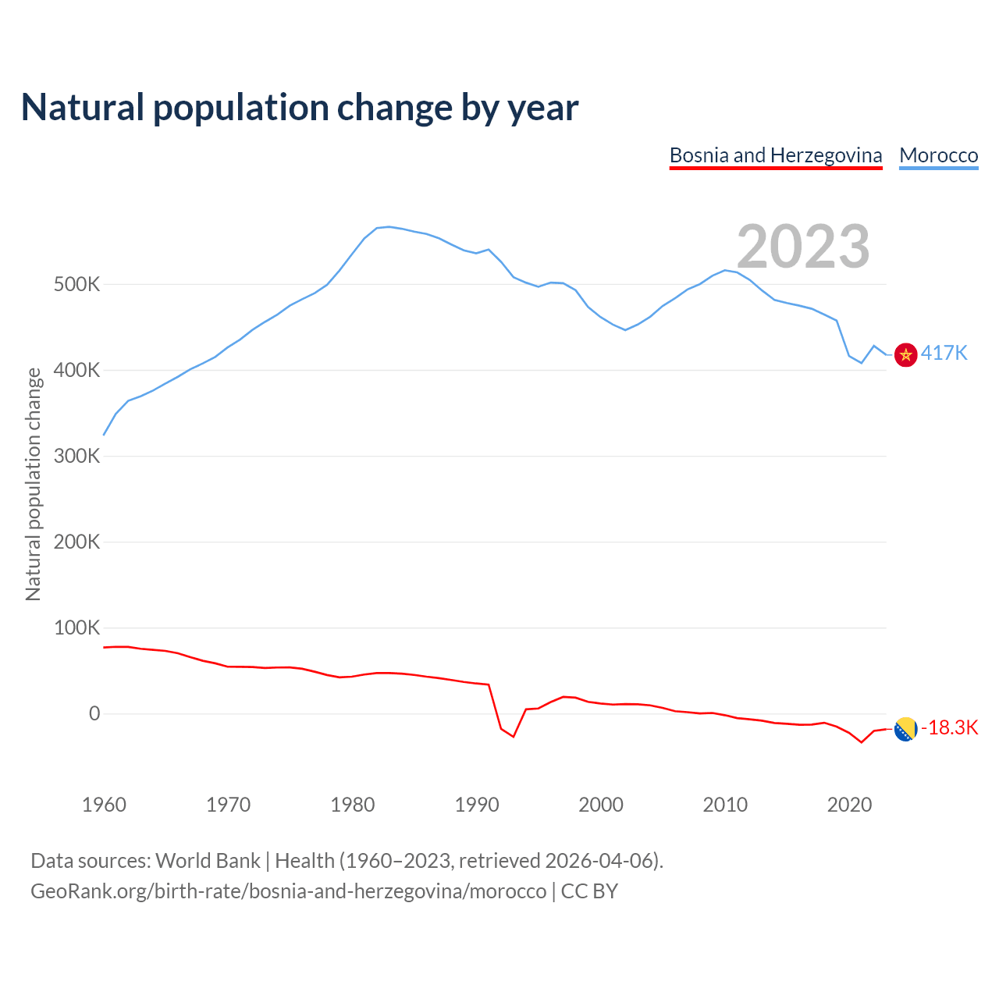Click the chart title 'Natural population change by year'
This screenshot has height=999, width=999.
[x=300, y=108]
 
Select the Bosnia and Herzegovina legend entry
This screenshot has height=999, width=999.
[x=776, y=155]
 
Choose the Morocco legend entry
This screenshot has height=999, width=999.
[x=938, y=155]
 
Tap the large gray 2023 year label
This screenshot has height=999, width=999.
[x=803, y=247]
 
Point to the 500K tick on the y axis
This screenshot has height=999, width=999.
[x=76, y=284]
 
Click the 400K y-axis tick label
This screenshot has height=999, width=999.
[x=76, y=370]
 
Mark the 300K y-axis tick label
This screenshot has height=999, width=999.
[x=76, y=456]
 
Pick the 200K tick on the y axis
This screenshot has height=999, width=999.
[x=76, y=542]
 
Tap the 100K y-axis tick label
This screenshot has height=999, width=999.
[x=76, y=627]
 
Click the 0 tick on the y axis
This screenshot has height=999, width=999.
[x=94, y=713]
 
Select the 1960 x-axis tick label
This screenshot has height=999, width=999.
[x=104, y=805]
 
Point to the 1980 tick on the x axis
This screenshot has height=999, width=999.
[x=353, y=805]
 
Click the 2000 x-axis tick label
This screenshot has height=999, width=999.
[x=601, y=805]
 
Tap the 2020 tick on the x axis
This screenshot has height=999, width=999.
[x=849, y=805]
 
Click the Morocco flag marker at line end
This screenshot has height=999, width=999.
[x=905, y=354]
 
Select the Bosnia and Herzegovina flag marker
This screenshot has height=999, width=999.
[x=905, y=729]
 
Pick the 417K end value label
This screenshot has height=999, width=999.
[x=944, y=354]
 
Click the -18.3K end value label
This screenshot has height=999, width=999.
[x=950, y=728]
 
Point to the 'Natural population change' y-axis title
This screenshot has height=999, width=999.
[x=34, y=484]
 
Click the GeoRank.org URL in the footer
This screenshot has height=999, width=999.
[x=289, y=891]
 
